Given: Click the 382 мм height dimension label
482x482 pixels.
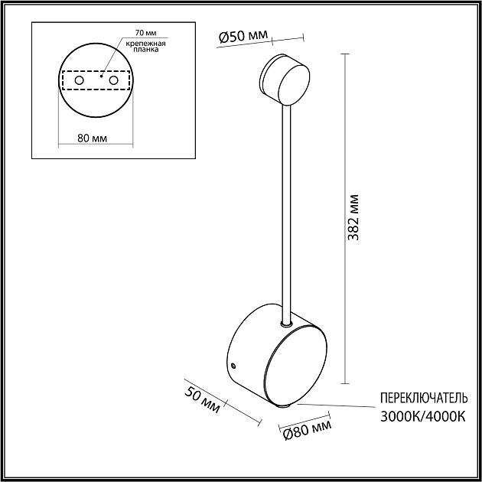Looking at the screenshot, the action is [353, 217].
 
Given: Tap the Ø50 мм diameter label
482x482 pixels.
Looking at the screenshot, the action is [243, 36].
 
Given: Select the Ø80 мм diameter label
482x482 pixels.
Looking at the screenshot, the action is [308, 430].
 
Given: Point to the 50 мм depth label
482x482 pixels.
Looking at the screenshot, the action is [202, 399].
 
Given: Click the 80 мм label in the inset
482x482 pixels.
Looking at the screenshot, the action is [93, 138].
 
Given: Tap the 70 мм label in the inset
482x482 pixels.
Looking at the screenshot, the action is [145, 33].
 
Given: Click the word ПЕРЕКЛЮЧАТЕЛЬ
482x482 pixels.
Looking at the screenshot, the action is [424, 398].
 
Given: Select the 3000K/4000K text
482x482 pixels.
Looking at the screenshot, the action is [423, 417].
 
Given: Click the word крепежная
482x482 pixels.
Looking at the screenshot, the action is [145, 44].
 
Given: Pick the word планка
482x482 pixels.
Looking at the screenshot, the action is [146, 50].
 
